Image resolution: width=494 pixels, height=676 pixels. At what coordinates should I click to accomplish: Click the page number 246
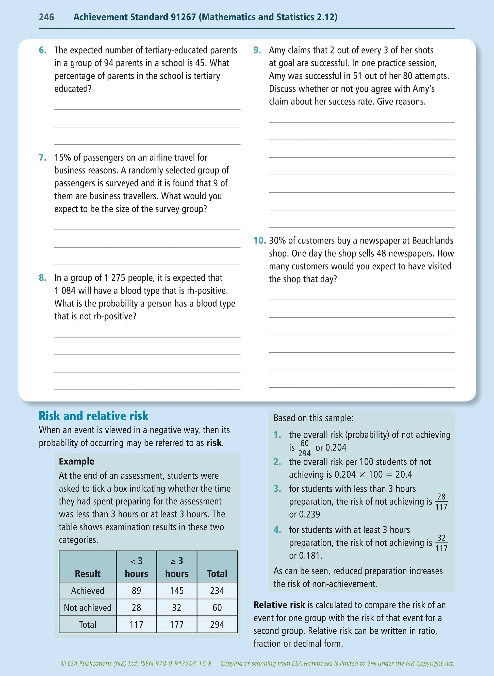click(x=46, y=17)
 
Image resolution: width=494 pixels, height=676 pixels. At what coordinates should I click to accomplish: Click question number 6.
click(x=42, y=50)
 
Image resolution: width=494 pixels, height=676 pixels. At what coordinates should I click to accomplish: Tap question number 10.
click(x=259, y=241)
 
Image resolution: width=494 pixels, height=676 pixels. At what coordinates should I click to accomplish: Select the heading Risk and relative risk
click(x=93, y=416)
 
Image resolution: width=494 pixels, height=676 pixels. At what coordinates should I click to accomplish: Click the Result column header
click(x=88, y=574)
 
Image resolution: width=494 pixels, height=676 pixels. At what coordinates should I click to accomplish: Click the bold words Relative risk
click(x=279, y=605)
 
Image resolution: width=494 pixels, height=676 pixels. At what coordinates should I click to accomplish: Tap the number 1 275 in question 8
click(x=114, y=278)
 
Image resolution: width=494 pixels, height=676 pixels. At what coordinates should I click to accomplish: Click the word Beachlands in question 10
click(x=432, y=241)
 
